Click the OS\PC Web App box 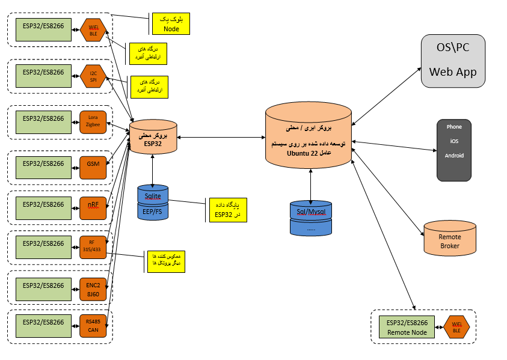pyautogui.click(x=452, y=62)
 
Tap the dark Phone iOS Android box pyautogui.click(x=453, y=150)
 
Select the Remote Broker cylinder pyautogui.click(x=450, y=237)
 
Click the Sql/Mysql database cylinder pyautogui.click(x=310, y=218)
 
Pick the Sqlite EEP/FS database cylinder pyautogui.click(x=153, y=203)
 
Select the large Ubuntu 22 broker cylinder pyautogui.click(x=309, y=135)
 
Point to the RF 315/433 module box pyautogui.click(x=93, y=246)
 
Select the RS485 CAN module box pyautogui.click(x=93, y=325)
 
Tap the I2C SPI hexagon pyautogui.click(x=93, y=76)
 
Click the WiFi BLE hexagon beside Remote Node pyautogui.click(x=456, y=327)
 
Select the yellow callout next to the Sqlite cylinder pyautogui.click(x=227, y=210)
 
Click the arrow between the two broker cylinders pyautogui.click(x=221, y=138)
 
